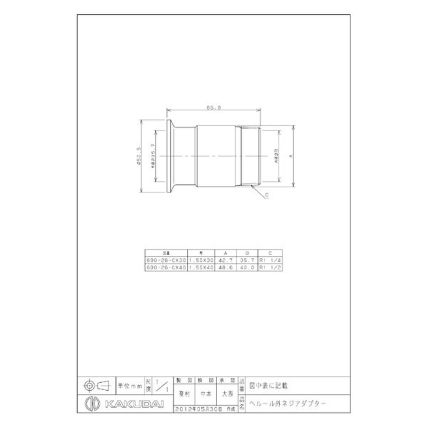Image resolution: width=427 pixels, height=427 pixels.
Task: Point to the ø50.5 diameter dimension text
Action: (x=139, y=156)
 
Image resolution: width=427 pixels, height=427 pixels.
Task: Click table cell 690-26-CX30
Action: (x=165, y=260)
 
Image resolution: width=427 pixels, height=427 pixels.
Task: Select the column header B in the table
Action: (x=247, y=254)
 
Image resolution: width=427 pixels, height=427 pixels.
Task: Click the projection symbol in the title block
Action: (x=96, y=384)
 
